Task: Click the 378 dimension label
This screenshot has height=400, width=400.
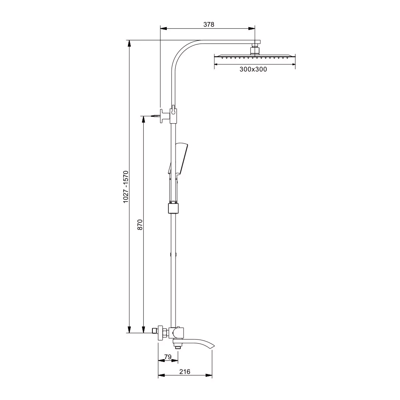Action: [209, 24]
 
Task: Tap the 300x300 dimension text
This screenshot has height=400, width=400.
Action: [253, 69]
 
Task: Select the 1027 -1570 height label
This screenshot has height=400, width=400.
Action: [126, 187]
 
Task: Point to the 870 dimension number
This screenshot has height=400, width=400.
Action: [140, 224]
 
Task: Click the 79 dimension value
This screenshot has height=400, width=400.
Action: [168, 357]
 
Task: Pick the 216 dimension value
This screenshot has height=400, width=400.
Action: [185, 372]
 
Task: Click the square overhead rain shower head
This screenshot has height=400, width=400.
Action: [254, 57]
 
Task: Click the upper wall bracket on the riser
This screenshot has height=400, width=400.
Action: [168, 116]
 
